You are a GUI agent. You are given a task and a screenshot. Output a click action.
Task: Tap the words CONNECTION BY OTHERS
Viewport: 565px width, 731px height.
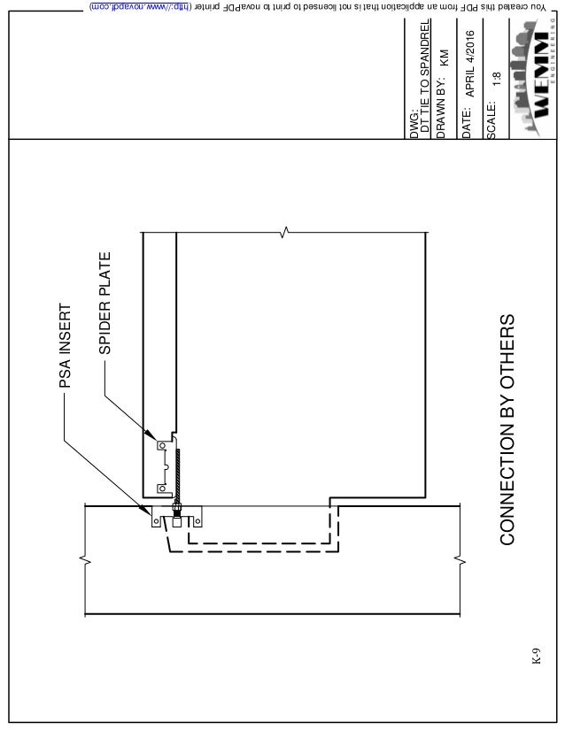(507, 429)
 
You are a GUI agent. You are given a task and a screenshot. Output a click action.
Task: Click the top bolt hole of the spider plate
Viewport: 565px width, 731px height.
(160, 444)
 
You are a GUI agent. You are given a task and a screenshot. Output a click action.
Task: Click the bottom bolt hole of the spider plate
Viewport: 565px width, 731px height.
(160, 488)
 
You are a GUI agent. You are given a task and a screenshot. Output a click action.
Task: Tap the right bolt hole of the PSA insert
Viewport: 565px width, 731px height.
(197, 521)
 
